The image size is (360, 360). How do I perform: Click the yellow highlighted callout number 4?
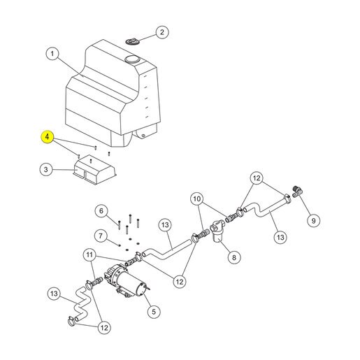tap(48, 137)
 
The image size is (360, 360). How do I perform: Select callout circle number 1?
tap(52, 54)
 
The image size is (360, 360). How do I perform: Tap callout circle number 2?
tap(162, 32)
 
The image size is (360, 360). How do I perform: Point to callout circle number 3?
tap(46, 169)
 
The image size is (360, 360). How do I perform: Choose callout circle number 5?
tap(154, 312)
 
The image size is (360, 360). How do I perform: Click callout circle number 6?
tap(101, 211)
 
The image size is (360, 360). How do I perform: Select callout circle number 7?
tap(101, 236)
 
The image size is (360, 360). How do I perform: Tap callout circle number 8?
tap(234, 257)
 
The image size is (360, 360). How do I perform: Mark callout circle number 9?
tap(313, 220)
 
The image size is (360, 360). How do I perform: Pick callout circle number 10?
tap(197, 199)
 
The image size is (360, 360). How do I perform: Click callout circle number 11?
tap(89, 254)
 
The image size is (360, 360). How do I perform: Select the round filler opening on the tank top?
tap(132, 59)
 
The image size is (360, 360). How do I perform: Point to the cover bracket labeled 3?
tap(94, 169)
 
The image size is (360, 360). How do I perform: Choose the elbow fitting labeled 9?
tap(297, 192)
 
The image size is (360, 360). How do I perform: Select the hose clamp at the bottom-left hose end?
tap(72, 321)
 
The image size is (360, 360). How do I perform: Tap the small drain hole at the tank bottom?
tap(143, 136)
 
